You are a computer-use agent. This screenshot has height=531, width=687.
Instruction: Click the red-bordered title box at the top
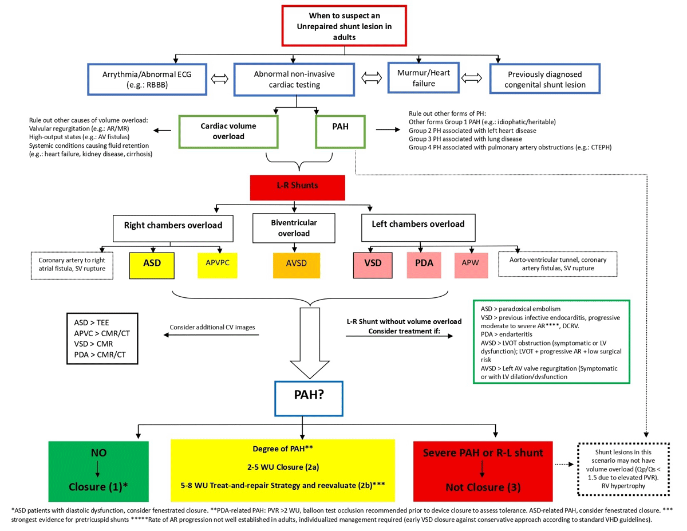pyautogui.click(x=344, y=26)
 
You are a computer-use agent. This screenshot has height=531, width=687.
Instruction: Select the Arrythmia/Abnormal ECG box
pyautogui.click(x=147, y=80)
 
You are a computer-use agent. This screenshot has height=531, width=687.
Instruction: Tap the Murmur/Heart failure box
pyautogui.click(x=423, y=78)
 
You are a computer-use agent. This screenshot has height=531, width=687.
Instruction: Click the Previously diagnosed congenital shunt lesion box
pyautogui.click(x=544, y=79)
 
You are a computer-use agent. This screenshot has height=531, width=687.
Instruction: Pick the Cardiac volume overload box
pyautogui.click(x=228, y=132)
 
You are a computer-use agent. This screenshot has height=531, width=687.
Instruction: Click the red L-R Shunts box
pyautogui.click(x=297, y=187)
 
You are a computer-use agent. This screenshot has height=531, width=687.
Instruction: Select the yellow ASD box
pyautogui.click(x=152, y=266)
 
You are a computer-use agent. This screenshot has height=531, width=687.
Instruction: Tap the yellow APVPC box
pyautogui.click(x=217, y=266)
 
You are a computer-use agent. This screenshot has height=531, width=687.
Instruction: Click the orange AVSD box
pyautogui.click(x=296, y=266)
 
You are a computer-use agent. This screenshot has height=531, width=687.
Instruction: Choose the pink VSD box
pyautogui.click(x=373, y=265)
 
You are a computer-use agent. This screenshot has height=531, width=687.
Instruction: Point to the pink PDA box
pyautogui.click(x=424, y=265)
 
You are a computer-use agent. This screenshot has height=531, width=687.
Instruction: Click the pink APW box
pyautogui.click(x=471, y=266)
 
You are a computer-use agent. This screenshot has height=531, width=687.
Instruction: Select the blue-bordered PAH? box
pyautogui.click(x=309, y=399)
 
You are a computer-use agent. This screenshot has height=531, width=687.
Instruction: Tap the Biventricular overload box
pyautogui.click(x=294, y=228)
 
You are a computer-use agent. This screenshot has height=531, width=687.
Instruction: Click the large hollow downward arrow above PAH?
pyautogui.click(x=310, y=343)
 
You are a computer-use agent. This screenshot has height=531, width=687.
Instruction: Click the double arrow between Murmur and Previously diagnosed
pyautogui.click(x=471, y=78)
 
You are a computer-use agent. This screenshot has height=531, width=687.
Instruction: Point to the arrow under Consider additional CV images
pyautogui.click(x=211, y=335)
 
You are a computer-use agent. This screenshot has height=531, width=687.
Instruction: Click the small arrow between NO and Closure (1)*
pyautogui.click(x=97, y=469)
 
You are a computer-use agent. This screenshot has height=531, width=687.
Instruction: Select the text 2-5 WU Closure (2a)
pyautogui.click(x=283, y=467)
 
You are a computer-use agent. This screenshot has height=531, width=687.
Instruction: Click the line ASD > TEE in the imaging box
pyautogui.click(x=92, y=322)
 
